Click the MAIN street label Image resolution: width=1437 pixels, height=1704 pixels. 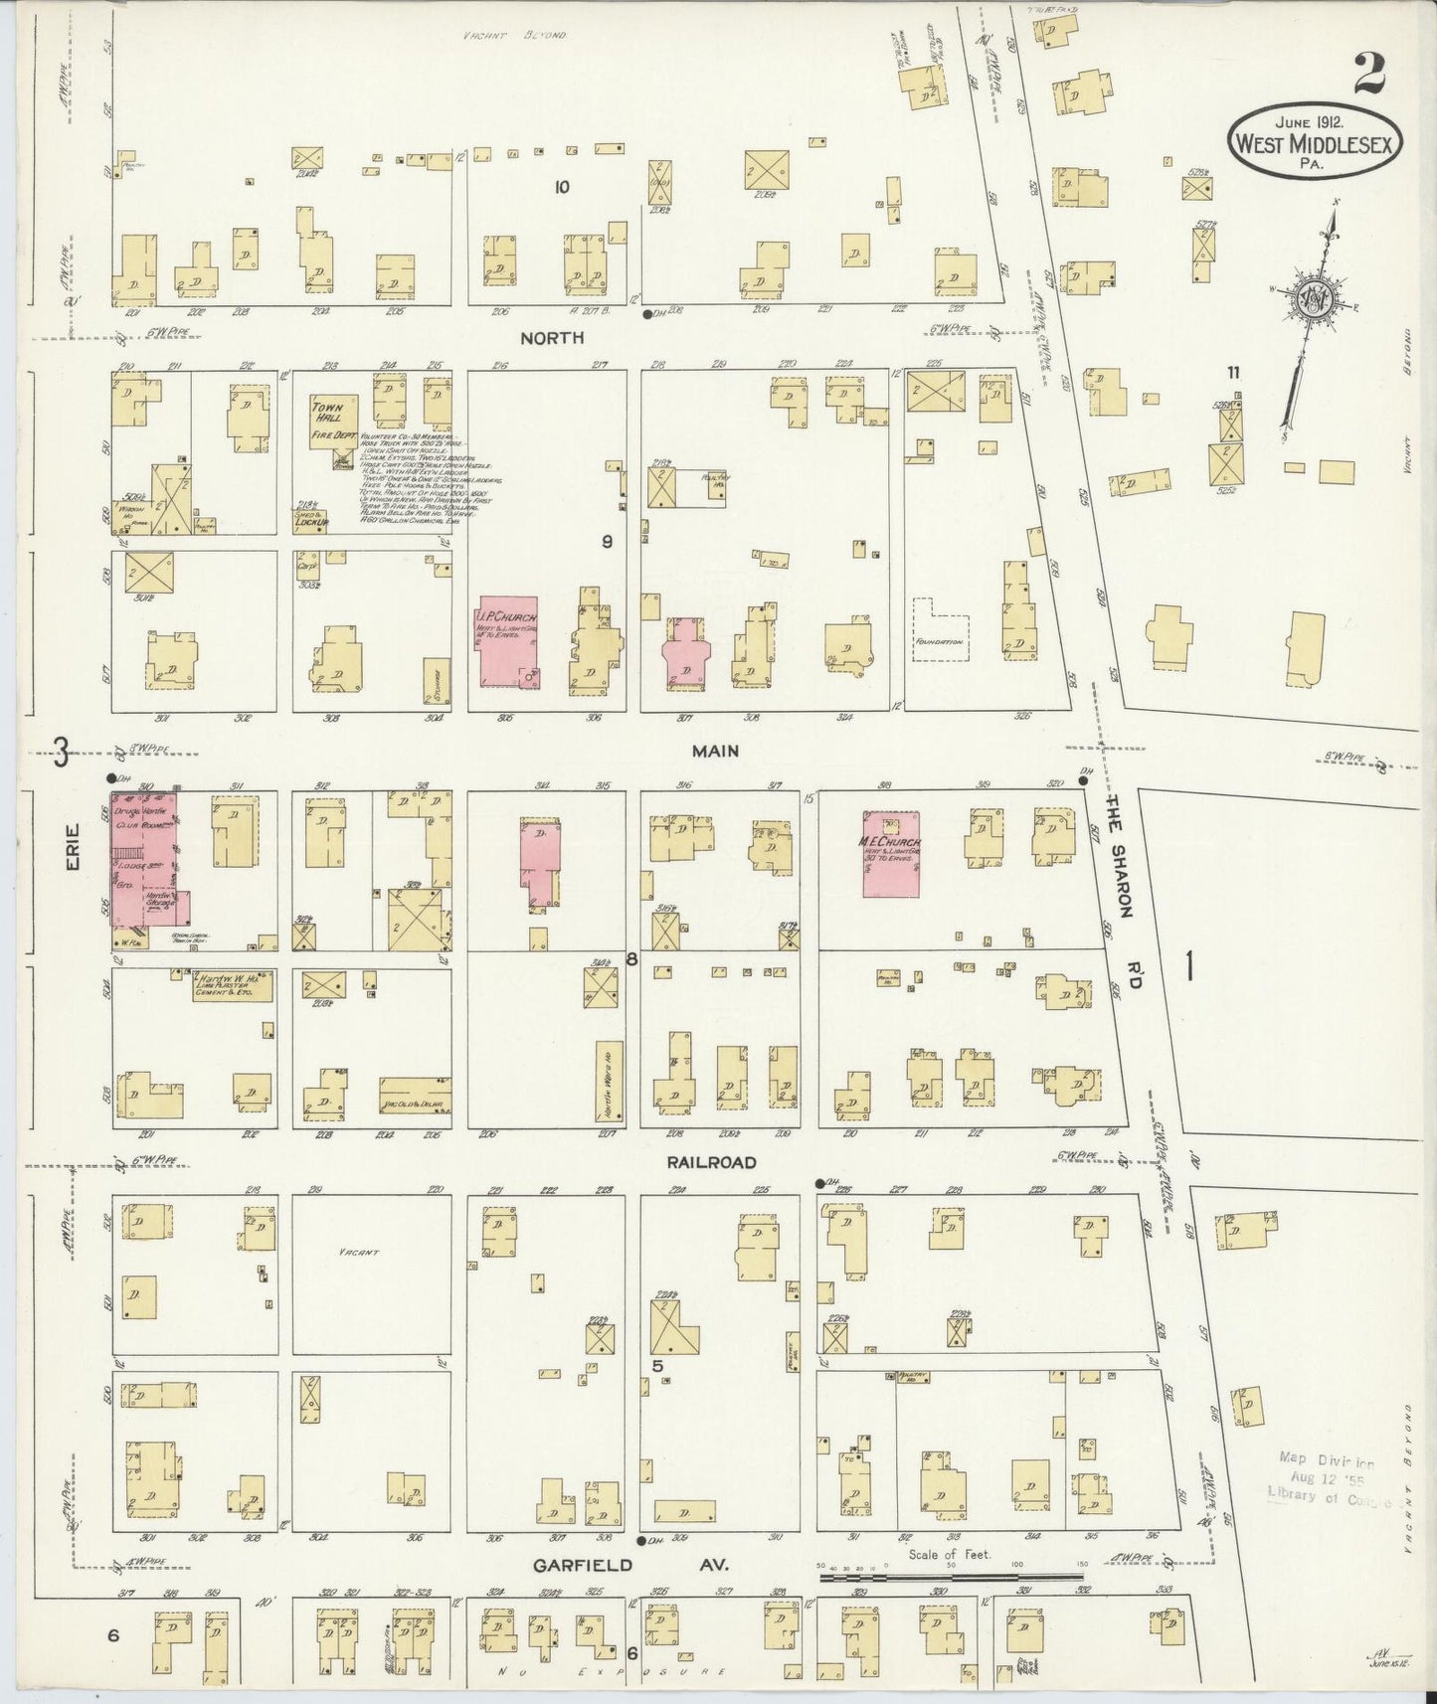pyautogui.click(x=716, y=752)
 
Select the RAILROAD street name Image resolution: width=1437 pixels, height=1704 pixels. pyautogui.click(x=712, y=1162)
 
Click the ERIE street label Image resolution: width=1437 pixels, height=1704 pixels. pyautogui.click(x=74, y=852)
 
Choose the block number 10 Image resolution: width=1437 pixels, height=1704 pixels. pyautogui.click(x=562, y=186)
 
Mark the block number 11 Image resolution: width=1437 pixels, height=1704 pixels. pyautogui.click(x=1233, y=373)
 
